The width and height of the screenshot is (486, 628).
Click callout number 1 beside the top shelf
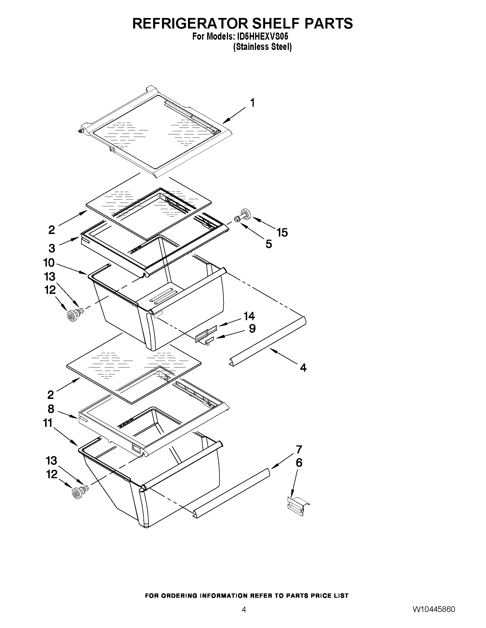253,103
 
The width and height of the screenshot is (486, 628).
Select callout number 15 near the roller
282,232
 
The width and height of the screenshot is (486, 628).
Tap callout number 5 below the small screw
268,244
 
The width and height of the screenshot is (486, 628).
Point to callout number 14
249,316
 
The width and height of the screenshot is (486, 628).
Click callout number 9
252,328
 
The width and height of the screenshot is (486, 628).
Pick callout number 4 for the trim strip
303,367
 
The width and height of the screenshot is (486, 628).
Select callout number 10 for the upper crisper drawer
49,262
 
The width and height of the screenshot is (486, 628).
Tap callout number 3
51,248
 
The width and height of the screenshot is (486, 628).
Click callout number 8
51,409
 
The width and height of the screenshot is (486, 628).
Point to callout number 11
47,423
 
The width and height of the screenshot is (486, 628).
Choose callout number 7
299,449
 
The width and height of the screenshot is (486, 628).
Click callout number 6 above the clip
299,463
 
